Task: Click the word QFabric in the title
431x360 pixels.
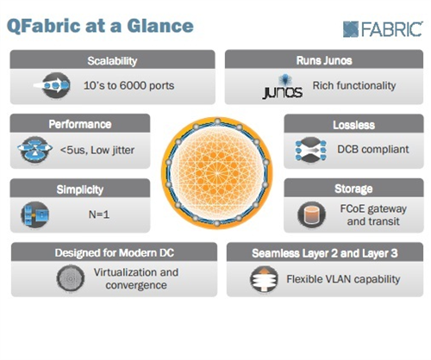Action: pyautogui.click(x=44, y=26)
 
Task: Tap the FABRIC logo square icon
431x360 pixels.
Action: pyautogui.click(x=351, y=29)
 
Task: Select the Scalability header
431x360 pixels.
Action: pyautogui.click(x=112, y=60)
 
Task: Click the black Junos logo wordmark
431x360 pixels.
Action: pyautogui.click(x=282, y=92)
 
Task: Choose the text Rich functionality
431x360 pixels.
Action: pyautogui.click(x=354, y=85)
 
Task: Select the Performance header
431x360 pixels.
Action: pyautogui.click(x=80, y=124)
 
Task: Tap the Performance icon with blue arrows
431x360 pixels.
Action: pyautogui.click(x=34, y=149)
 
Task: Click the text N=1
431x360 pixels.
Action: pyautogui.click(x=99, y=214)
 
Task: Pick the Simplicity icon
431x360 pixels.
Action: pyautogui.click(x=35, y=214)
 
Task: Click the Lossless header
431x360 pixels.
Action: pyautogui.click(x=353, y=125)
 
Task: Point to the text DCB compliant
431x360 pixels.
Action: pyautogui.click(x=373, y=149)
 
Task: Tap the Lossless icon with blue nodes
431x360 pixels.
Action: pyautogui.click(x=310, y=150)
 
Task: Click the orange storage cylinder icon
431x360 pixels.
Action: pyautogui.click(x=311, y=214)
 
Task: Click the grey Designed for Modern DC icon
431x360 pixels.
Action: pyautogui.click(x=71, y=278)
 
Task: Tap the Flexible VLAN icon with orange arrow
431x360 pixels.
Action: pyautogui.click(x=264, y=279)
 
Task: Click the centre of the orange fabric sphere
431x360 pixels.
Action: pyautogui.click(x=217, y=173)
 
